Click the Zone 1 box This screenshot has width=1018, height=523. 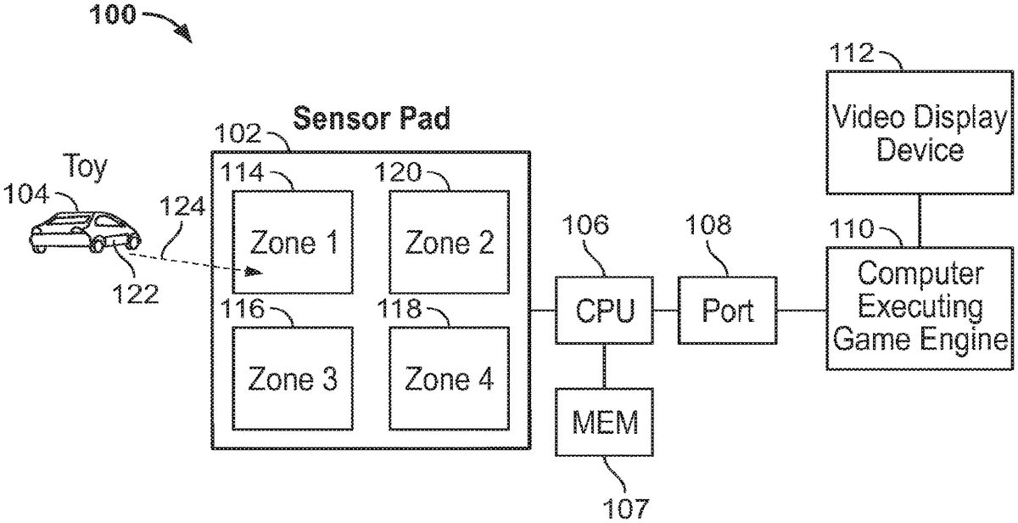(293, 242)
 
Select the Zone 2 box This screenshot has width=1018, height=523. (449, 242)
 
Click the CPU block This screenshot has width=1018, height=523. (604, 310)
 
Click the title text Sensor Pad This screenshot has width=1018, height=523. (371, 119)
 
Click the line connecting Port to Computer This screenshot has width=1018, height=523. (802, 310)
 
